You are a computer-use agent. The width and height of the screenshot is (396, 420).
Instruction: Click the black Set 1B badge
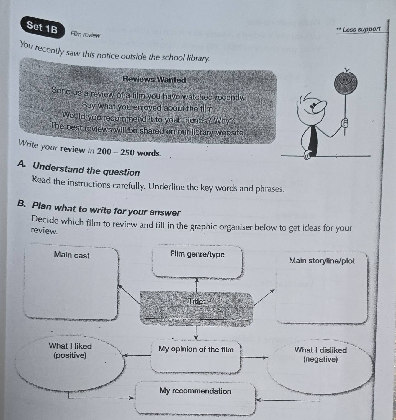click(x=42, y=27)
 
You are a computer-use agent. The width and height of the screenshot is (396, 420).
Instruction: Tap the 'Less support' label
click(x=361, y=29)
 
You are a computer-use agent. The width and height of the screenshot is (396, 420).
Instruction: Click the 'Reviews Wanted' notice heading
click(x=154, y=80)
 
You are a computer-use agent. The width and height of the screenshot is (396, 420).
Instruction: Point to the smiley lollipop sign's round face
click(x=346, y=82)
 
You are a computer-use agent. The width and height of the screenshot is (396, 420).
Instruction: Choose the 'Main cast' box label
click(x=72, y=255)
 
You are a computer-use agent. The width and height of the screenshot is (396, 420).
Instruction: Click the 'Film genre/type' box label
click(x=197, y=254)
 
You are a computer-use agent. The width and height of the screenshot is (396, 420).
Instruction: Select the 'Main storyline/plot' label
click(x=322, y=261)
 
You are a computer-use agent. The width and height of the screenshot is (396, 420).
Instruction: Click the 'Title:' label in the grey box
click(x=196, y=301)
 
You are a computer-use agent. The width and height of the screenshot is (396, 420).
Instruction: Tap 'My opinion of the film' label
click(x=196, y=349)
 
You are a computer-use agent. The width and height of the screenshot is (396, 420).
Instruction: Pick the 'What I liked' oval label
click(x=70, y=346)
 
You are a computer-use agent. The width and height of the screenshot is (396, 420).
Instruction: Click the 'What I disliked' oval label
click(x=320, y=350)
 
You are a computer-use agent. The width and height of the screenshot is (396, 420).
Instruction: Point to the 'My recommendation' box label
click(x=195, y=391)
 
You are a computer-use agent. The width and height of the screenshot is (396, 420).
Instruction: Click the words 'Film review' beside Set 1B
click(x=85, y=35)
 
